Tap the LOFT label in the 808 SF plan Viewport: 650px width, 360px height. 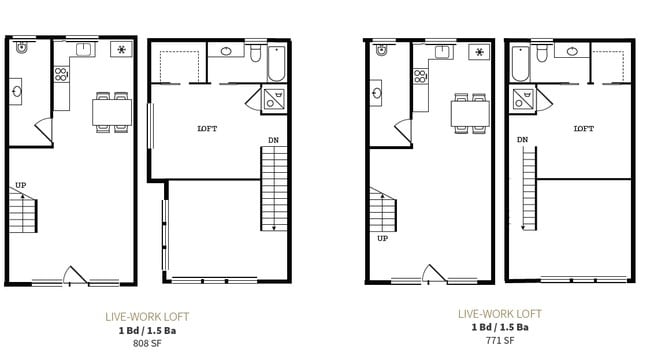coord(207,128)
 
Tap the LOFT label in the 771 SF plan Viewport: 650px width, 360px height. coord(583,128)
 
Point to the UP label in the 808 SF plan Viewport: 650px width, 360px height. coord(20,185)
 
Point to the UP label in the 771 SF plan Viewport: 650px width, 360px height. coord(382,238)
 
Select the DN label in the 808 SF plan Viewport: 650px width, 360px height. coord(273,139)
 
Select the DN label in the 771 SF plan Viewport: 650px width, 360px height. coord(522,139)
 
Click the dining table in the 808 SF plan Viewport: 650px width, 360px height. coord(111,110)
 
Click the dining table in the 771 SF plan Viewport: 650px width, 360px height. coord(469,110)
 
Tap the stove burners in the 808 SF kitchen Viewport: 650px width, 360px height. coord(60,73)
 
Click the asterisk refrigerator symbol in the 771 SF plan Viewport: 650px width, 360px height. coord(480,51)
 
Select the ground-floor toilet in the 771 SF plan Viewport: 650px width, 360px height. coord(381,50)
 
